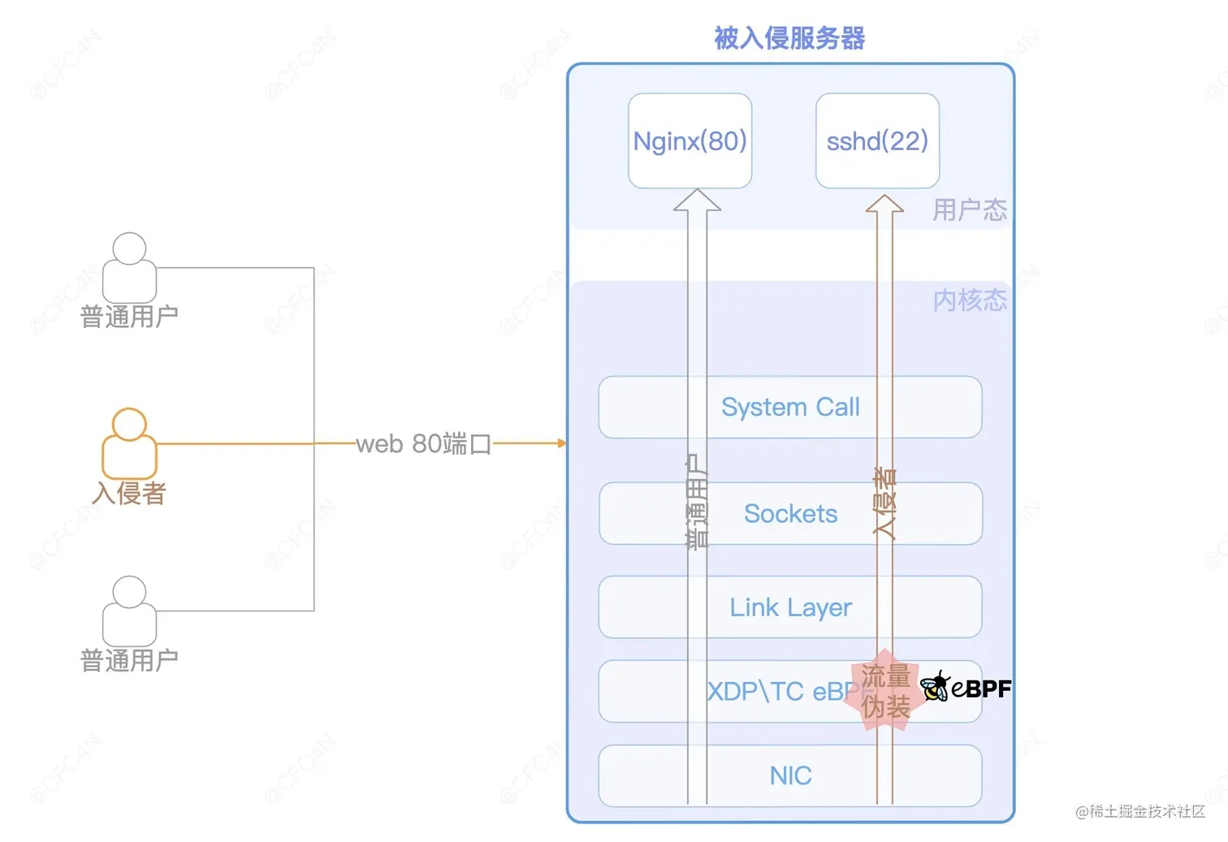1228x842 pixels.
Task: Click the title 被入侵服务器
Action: point(789,38)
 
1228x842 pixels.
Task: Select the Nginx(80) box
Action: point(690,141)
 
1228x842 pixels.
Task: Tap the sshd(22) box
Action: point(877,141)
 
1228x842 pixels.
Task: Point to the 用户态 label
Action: point(969,210)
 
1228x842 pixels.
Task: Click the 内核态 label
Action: point(969,300)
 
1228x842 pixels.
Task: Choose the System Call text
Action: point(790,407)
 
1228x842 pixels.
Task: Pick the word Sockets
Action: point(790,514)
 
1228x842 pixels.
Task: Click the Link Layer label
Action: point(790,607)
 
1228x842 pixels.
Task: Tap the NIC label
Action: point(790,775)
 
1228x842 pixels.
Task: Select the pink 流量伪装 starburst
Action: point(884,691)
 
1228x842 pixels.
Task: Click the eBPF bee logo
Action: point(936,687)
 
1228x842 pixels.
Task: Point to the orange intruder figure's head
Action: point(129,424)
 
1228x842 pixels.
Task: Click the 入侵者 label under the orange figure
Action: point(129,493)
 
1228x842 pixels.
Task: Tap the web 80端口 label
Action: point(423,444)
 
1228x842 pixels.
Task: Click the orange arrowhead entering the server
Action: point(561,443)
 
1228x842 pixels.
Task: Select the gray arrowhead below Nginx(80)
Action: point(697,201)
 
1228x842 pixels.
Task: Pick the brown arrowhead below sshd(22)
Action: point(884,204)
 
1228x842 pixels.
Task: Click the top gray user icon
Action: point(129,268)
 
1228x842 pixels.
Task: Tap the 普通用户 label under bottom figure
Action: point(129,660)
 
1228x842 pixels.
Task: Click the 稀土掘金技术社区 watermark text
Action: point(1147,811)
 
